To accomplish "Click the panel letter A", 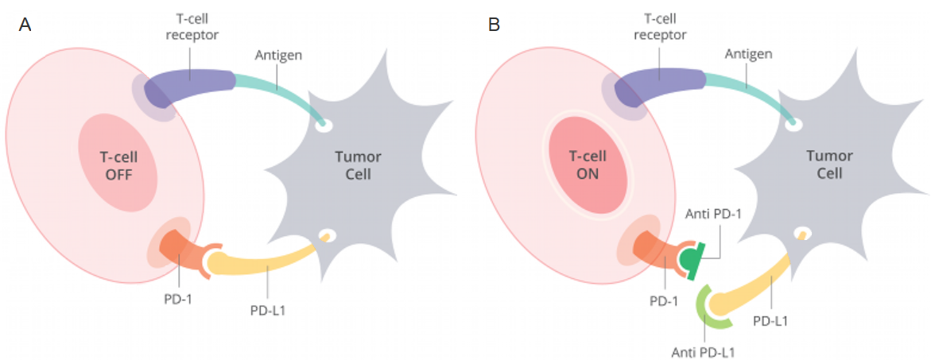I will (25, 25).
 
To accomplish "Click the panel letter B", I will (494, 25).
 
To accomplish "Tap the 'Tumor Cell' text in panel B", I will (829, 165).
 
